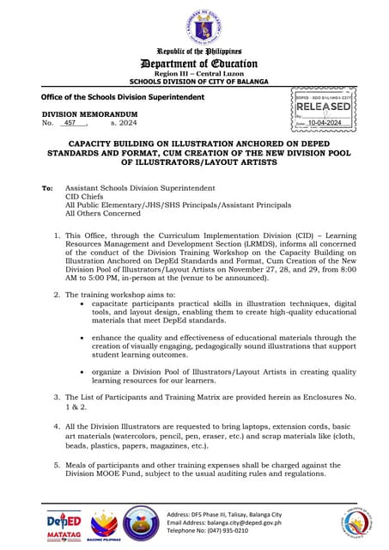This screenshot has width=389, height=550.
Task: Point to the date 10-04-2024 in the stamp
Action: [327, 123]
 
